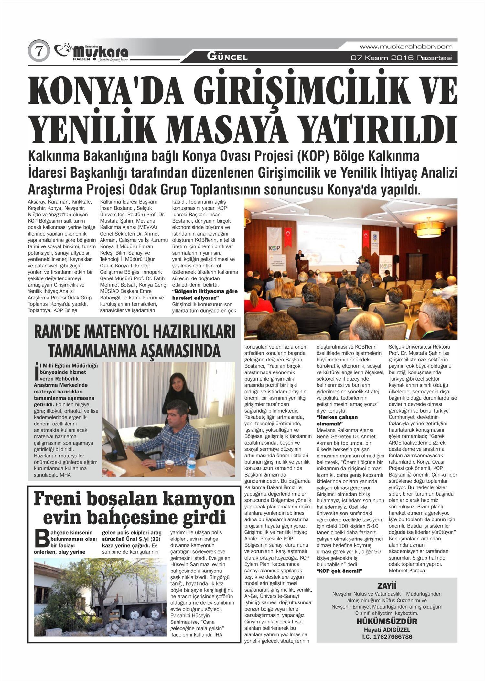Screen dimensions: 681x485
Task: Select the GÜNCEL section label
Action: [227, 58]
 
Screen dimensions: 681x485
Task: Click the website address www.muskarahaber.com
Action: [406, 47]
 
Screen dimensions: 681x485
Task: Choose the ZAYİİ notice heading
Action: [387, 586]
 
